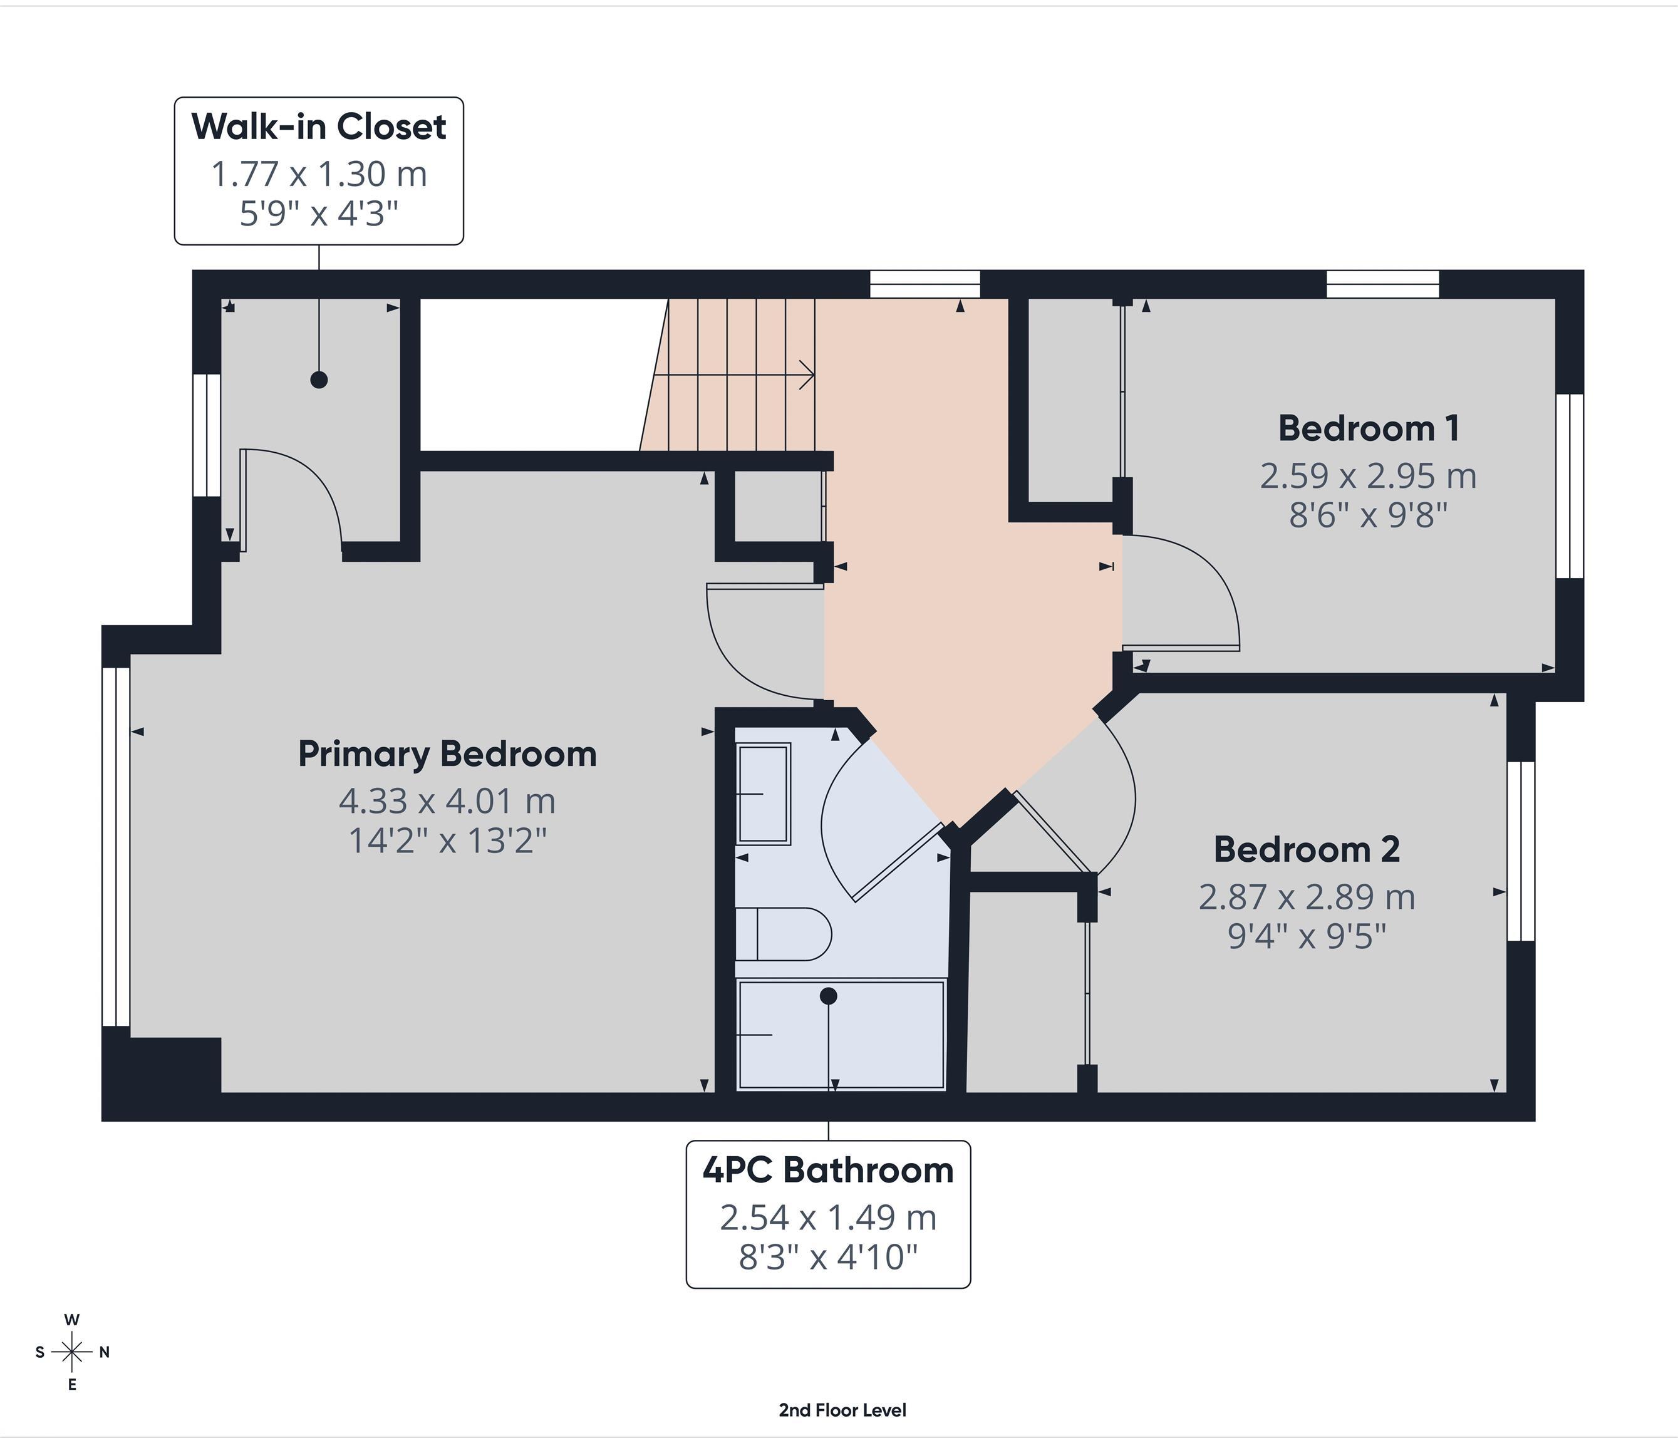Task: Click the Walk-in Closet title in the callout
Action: [318, 127]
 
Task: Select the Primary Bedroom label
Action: [447, 755]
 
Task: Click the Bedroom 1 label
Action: [1369, 429]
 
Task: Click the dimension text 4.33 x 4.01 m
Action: [447, 802]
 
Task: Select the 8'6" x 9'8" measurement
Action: [1368, 515]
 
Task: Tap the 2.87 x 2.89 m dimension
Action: [1307, 897]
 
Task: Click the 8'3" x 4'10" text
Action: [827, 1258]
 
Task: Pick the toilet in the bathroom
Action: [784, 934]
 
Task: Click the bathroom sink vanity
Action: [763, 794]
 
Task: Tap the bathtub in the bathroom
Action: [841, 1035]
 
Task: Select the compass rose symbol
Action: [72, 1352]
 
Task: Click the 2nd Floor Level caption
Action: [842, 1410]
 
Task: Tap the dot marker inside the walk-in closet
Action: [319, 379]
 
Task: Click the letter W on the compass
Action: [72, 1320]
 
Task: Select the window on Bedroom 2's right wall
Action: [1521, 851]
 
